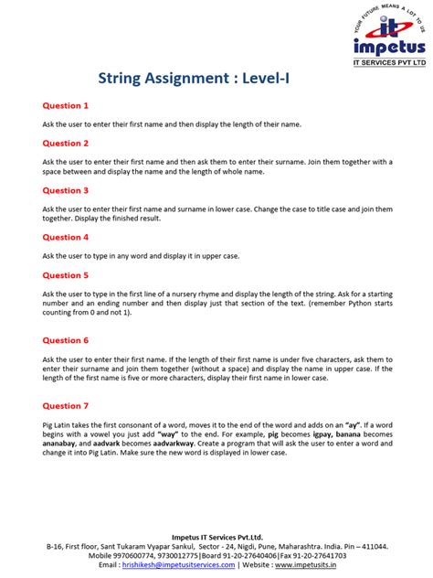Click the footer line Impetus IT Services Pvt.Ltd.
point(216,537)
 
